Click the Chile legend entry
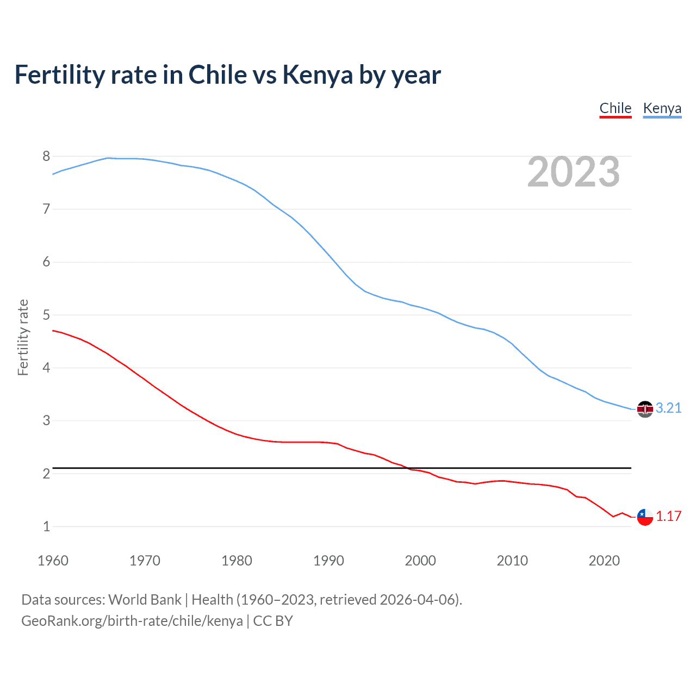(x=615, y=108)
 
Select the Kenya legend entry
(x=662, y=108)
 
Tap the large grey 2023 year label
(x=573, y=172)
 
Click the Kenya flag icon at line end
(x=645, y=409)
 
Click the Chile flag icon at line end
(x=645, y=517)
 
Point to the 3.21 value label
(x=668, y=408)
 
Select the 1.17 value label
(x=668, y=516)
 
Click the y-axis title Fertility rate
(x=23, y=337)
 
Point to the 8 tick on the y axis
(x=46, y=157)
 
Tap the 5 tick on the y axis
(x=46, y=315)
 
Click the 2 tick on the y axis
(x=46, y=474)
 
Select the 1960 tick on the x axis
(x=53, y=561)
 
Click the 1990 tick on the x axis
(x=328, y=561)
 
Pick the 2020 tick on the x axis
(x=604, y=561)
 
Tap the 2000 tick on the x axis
(x=420, y=561)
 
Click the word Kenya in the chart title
(x=318, y=75)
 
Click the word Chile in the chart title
(x=217, y=75)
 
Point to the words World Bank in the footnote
(x=145, y=600)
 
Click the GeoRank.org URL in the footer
(x=132, y=621)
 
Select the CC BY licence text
(x=273, y=621)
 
